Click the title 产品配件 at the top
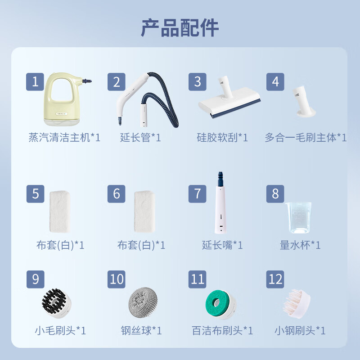(180, 28)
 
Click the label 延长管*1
(140, 138)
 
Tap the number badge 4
(275, 82)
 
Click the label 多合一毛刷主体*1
(306, 138)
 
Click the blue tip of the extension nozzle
(220, 176)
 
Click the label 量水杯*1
(300, 245)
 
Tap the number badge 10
(117, 279)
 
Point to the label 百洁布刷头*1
(222, 331)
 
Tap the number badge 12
(275, 279)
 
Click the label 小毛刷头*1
(60, 331)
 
